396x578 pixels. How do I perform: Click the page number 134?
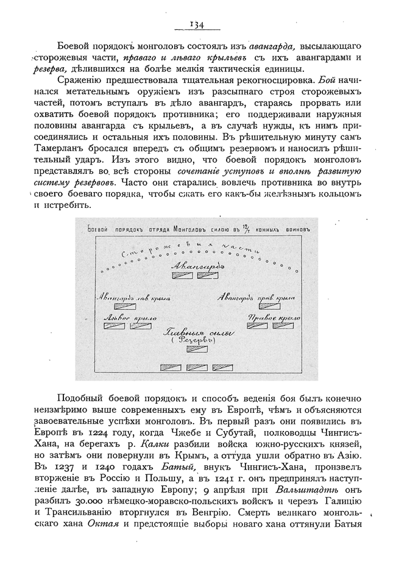click(197, 24)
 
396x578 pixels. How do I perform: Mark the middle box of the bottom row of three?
click(197, 367)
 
